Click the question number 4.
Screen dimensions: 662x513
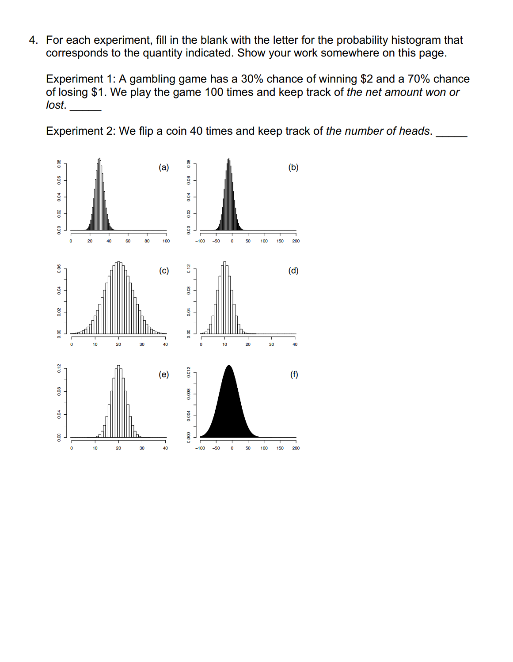click(x=33, y=40)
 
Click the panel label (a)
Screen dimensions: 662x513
click(x=163, y=167)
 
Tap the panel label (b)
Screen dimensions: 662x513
click(x=293, y=167)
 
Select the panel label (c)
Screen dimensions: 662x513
click(x=164, y=271)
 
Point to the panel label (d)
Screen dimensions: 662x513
click(x=293, y=271)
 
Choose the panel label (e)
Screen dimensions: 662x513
click(x=163, y=375)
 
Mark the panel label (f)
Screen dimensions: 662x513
click(x=294, y=375)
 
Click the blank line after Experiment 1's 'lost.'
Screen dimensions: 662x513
click(x=85, y=109)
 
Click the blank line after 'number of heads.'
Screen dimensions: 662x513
click(x=451, y=135)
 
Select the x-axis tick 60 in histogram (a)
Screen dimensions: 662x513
click(x=128, y=241)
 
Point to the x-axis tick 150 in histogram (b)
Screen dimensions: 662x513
click(x=280, y=241)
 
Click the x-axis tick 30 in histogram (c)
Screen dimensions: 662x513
click(x=142, y=344)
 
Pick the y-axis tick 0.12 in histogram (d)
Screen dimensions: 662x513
click(x=189, y=269)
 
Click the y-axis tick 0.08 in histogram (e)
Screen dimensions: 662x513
click(x=59, y=391)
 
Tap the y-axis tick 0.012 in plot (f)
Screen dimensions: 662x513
click(x=189, y=372)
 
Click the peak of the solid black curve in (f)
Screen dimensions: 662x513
click(x=229, y=366)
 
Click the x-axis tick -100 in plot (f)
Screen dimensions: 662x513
click(x=200, y=448)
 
